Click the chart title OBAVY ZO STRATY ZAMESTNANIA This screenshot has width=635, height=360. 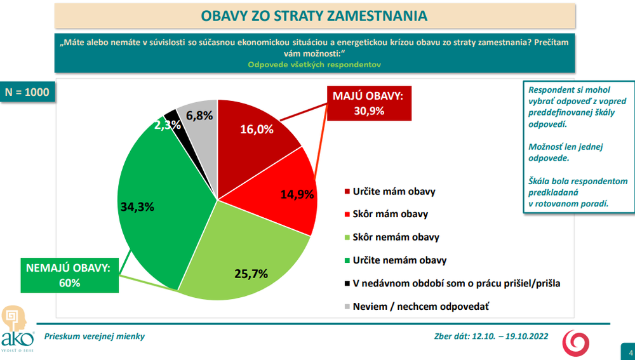[x=314, y=15]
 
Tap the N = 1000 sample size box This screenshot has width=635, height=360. [x=27, y=91]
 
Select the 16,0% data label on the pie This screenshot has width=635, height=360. [x=257, y=130]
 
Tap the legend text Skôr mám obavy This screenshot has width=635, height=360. [x=390, y=214]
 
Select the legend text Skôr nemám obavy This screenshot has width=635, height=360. [x=396, y=237]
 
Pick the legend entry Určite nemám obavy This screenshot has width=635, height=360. [x=399, y=260]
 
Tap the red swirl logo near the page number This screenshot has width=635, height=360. [x=577, y=343]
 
